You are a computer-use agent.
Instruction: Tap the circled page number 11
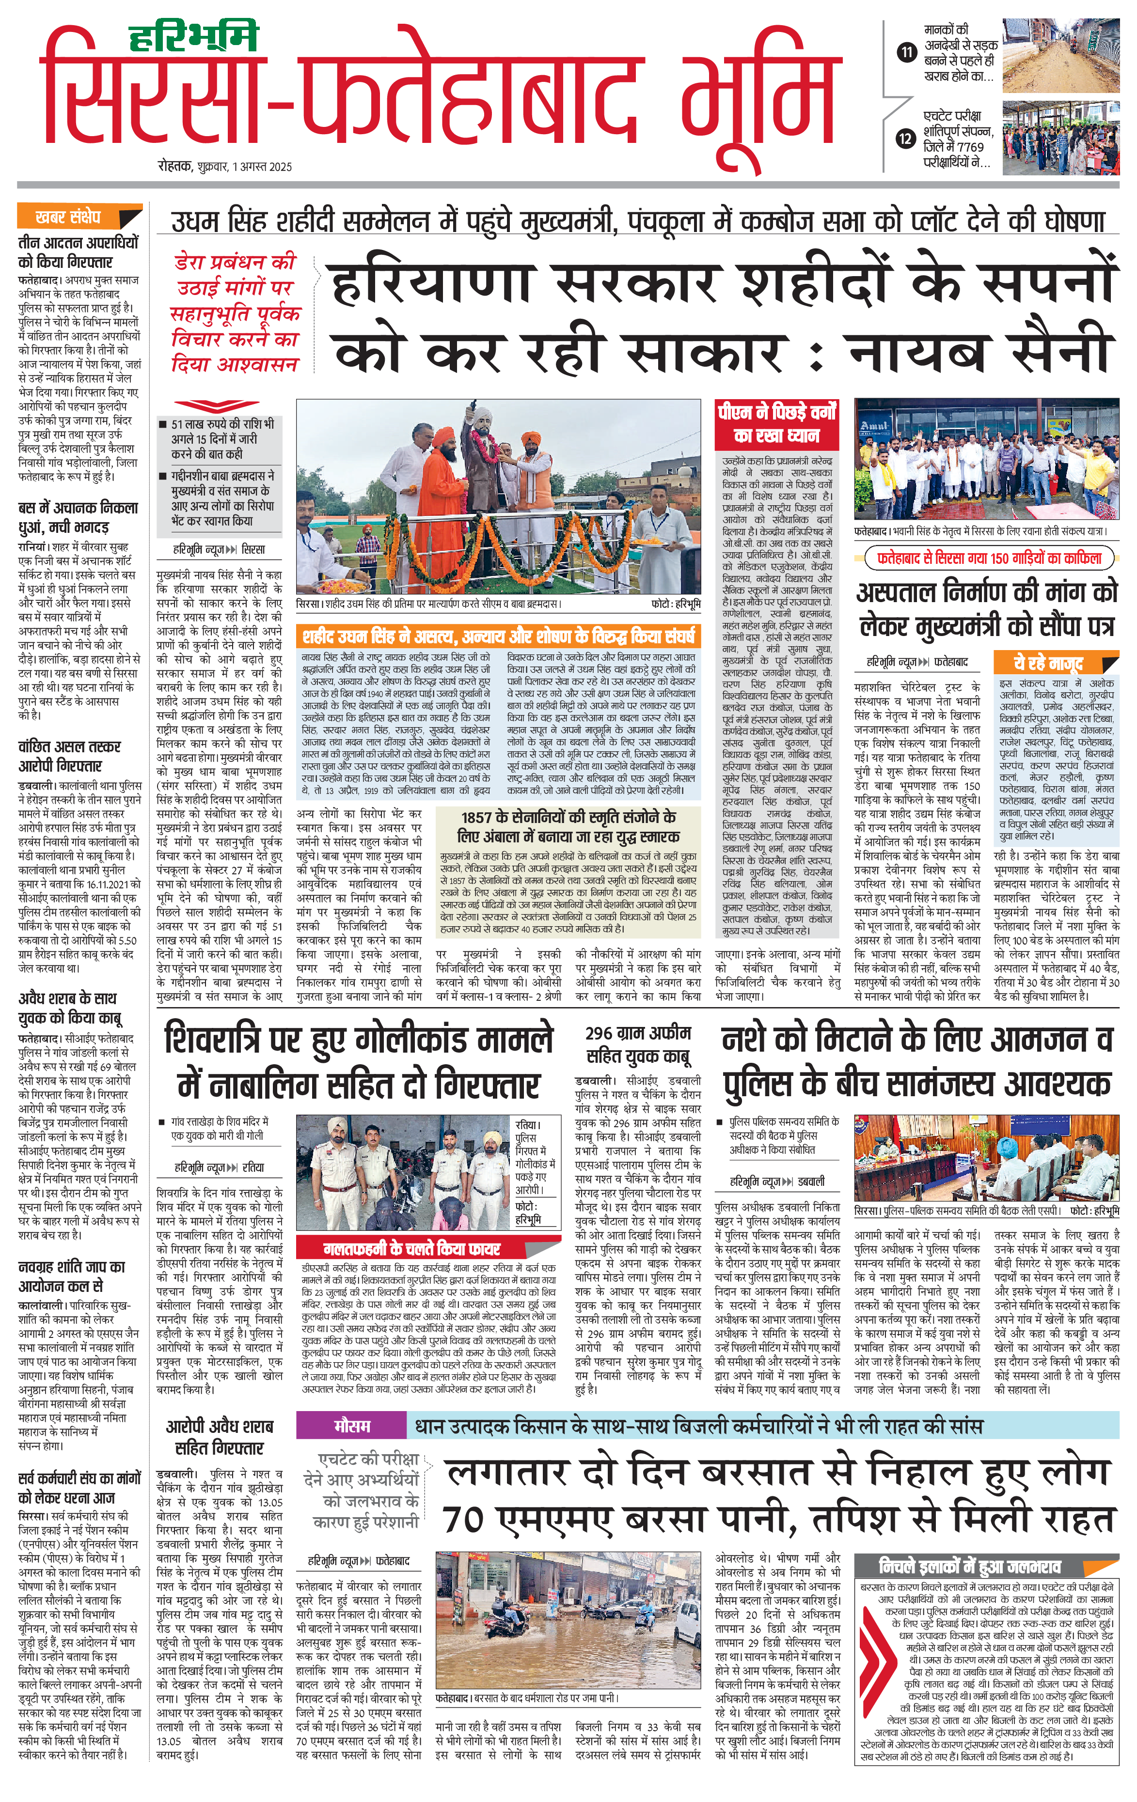(906, 52)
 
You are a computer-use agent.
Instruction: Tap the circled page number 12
(906, 139)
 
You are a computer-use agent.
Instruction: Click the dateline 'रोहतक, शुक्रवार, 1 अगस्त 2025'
(224, 166)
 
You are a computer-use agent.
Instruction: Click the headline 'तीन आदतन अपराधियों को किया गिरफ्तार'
(78, 252)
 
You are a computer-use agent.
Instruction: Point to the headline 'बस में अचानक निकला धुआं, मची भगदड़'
(78, 517)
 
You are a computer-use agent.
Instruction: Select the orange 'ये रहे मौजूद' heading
(1048, 663)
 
